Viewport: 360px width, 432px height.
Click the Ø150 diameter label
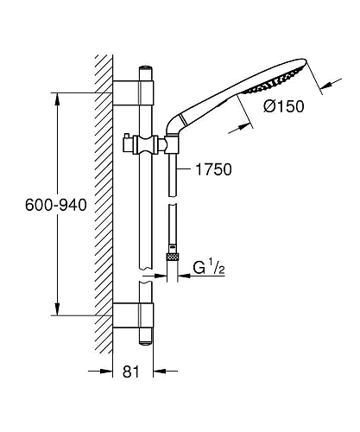pos(283,106)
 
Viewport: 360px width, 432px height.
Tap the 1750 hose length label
pos(213,169)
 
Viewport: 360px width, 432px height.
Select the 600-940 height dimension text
pos(56,205)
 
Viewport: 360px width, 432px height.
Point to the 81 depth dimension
pos(131,372)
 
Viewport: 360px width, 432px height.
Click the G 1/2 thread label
pos(209,268)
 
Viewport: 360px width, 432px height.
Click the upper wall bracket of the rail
pos(133,93)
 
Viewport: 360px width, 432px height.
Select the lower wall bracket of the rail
pos(133,315)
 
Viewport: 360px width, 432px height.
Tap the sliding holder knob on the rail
pos(126,143)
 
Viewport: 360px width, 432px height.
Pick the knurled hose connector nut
pos(173,257)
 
